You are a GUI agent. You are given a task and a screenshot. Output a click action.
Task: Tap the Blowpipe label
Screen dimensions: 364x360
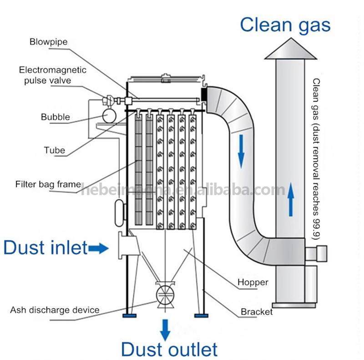tap(49, 42)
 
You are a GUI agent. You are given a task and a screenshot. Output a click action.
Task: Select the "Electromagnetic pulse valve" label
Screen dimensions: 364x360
tap(52, 75)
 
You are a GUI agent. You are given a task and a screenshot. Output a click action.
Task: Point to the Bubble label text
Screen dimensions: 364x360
tap(55, 117)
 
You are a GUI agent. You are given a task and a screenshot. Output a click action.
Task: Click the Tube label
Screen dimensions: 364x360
tap(54, 150)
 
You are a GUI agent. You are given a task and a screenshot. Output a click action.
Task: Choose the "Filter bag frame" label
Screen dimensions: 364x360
tap(48, 184)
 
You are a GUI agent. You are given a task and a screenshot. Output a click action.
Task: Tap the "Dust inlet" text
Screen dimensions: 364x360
tap(45, 248)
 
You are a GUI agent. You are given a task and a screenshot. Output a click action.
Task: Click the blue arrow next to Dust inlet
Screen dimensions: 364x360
tap(98, 248)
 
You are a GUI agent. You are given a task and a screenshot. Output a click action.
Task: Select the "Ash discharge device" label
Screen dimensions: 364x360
tap(55, 310)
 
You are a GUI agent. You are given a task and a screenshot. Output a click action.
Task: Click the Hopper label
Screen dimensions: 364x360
tap(253, 283)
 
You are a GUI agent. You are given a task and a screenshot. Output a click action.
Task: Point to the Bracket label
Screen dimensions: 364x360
tap(257, 312)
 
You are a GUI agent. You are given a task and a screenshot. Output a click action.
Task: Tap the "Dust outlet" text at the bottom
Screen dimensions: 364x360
tap(169, 350)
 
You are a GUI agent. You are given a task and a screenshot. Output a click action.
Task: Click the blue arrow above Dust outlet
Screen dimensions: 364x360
tap(165, 330)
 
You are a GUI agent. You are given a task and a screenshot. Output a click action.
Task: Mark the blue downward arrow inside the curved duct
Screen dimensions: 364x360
tap(242, 152)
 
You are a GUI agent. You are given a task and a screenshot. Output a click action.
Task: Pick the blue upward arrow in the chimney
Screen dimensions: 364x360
tap(291, 199)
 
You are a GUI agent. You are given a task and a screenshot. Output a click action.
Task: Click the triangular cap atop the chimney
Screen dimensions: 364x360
tap(291, 49)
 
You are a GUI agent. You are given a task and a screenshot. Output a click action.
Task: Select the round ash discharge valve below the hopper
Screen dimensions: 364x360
tap(165, 294)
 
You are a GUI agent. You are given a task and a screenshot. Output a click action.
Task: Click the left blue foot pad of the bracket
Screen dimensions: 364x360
tap(130, 315)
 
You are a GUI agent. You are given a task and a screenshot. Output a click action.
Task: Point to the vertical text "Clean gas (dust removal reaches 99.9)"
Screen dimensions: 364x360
tap(316, 159)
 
